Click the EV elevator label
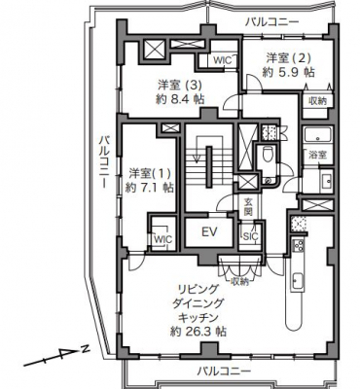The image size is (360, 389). click(209, 231)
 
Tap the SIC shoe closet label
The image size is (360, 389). click(250, 236)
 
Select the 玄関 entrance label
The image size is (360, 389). click(248, 207)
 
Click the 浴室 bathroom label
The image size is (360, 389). click(317, 155)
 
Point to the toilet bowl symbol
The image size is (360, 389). click(268, 154)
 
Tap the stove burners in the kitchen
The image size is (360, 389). click(298, 245)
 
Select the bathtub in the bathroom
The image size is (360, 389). click(318, 134)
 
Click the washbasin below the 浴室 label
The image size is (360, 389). click(326, 181)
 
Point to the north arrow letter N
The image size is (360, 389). click(86, 349)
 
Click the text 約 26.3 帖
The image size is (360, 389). click(198, 332)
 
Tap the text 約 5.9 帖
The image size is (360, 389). click(288, 72)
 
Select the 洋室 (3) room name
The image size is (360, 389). click(180, 86)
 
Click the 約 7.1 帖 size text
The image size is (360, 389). click(150, 188)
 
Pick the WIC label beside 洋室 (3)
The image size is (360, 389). click(223, 60)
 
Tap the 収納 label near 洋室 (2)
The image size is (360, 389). click(317, 101)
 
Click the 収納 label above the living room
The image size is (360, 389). click(239, 281)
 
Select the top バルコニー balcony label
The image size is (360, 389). click(271, 22)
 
